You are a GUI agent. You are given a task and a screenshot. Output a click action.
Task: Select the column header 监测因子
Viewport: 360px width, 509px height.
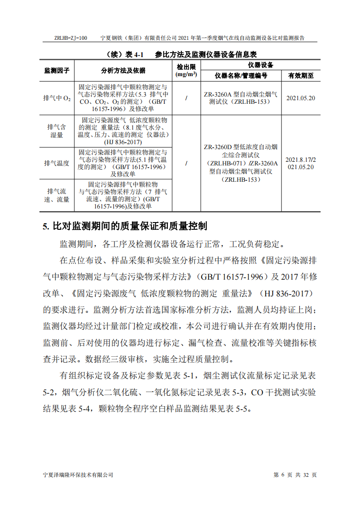tap(57, 71)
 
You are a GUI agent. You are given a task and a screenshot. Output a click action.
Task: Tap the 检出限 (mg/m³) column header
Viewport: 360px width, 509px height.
tap(186, 71)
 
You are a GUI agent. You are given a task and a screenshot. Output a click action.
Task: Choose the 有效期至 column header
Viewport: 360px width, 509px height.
tap(301, 76)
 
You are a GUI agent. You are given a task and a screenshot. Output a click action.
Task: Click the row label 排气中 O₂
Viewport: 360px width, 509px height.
tap(57, 98)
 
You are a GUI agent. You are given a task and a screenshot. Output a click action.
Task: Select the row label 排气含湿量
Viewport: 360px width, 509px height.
tap(57, 131)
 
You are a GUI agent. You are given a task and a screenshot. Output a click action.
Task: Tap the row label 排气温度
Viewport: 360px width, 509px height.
tap(57, 163)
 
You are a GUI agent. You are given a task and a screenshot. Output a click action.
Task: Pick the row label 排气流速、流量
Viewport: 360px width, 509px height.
tap(57, 195)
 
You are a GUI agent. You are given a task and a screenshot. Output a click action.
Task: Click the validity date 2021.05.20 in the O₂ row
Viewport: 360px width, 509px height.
tap(301, 98)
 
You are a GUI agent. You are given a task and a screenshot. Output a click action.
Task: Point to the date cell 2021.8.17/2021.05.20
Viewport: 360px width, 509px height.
tap(301, 163)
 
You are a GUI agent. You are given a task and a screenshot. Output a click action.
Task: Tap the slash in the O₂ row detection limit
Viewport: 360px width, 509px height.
tap(186, 98)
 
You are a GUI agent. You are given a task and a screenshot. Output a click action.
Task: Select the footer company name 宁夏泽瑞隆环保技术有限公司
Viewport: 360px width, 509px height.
tap(78, 475)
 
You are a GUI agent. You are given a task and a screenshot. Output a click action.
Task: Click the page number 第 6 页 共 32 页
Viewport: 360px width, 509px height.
tap(295, 475)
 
